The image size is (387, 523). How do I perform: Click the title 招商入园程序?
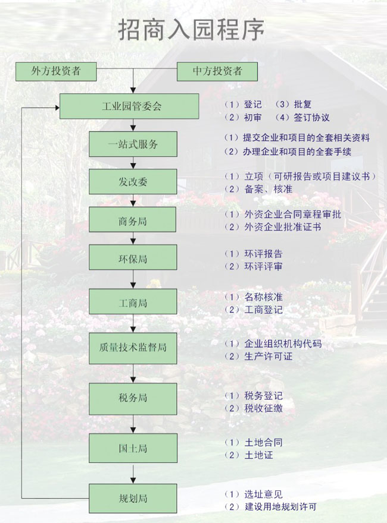(191, 30)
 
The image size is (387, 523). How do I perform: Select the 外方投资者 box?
(56, 71)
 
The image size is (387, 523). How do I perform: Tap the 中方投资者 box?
(217, 71)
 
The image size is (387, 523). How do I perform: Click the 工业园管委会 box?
(129, 106)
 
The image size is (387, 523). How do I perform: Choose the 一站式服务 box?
(133, 144)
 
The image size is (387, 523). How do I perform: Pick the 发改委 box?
(133, 182)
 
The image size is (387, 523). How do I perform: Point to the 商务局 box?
(133, 219)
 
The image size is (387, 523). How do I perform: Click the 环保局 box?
(133, 257)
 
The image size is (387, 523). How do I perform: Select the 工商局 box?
(133, 301)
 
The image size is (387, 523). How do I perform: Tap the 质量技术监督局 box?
(133, 348)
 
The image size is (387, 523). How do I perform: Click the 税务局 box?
(133, 399)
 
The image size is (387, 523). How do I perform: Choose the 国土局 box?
(133, 448)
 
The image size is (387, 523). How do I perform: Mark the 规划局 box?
(133, 499)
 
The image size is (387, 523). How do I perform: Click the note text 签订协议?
(312, 118)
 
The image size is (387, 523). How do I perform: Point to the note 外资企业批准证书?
(283, 227)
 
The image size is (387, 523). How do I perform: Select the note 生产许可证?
(269, 356)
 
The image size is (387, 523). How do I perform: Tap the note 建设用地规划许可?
(280, 506)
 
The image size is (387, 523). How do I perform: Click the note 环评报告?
(263, 254)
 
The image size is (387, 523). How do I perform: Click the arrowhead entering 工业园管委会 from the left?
(58, 108)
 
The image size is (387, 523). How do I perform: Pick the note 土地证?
(258, 455)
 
